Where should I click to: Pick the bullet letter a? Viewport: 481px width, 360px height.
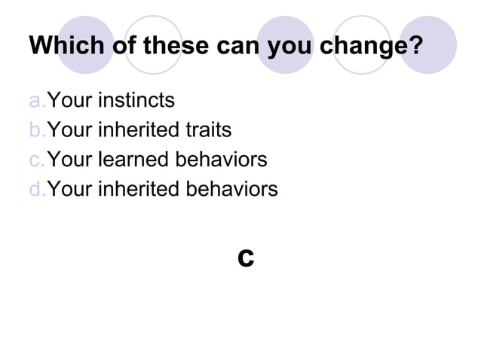pos(37,100)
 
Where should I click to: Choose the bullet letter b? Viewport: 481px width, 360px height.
pos(37,130)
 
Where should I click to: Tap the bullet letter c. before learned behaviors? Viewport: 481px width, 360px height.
pos(37,160)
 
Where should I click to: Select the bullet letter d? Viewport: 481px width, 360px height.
pos(37,189)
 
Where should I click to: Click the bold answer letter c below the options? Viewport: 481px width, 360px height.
pos(245,257)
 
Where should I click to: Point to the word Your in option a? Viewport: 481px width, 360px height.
pos(71,100)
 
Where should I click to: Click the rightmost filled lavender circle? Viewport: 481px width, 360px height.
pos(427,45)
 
